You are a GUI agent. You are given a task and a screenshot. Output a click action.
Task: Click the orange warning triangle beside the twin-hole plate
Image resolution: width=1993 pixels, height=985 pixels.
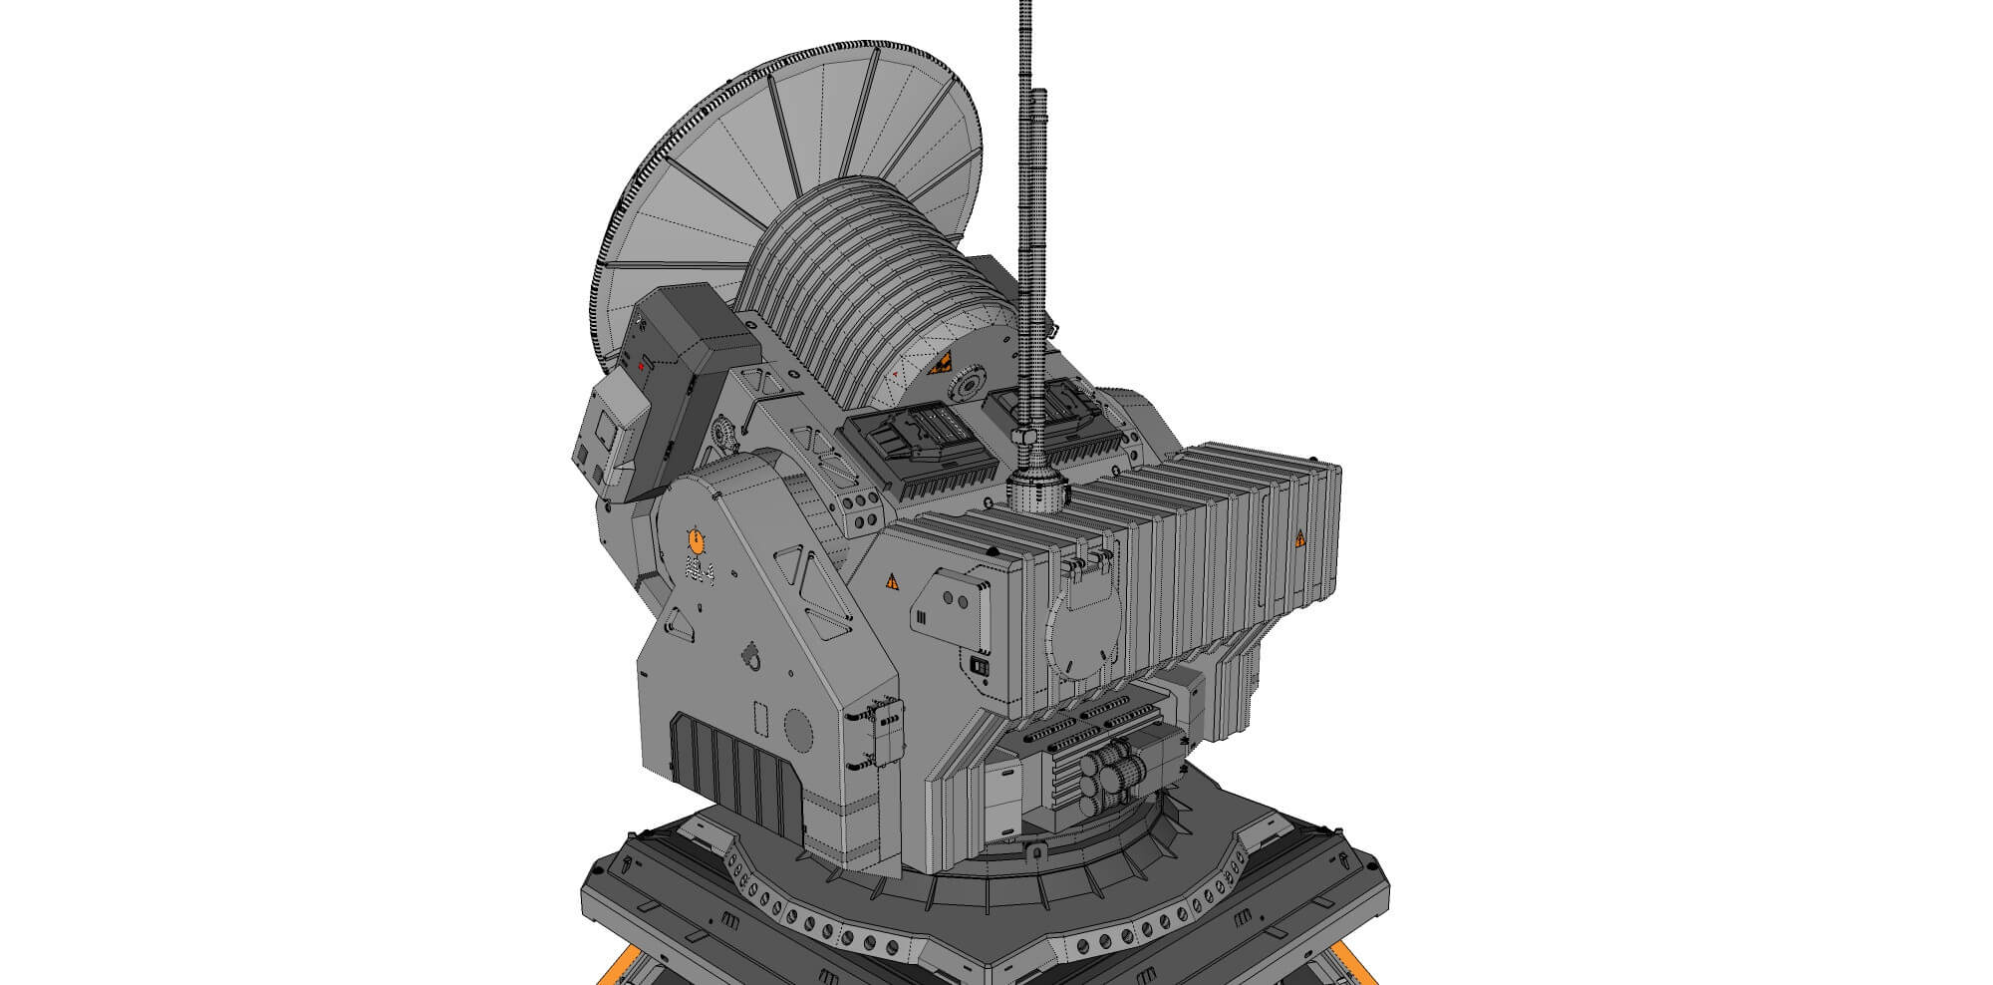coord(892,580)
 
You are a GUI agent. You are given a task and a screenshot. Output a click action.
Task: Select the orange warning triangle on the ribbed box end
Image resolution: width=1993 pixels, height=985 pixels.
coord(1300,539)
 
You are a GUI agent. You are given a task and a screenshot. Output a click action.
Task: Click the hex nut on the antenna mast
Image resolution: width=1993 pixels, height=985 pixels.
coord(1024,438)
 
